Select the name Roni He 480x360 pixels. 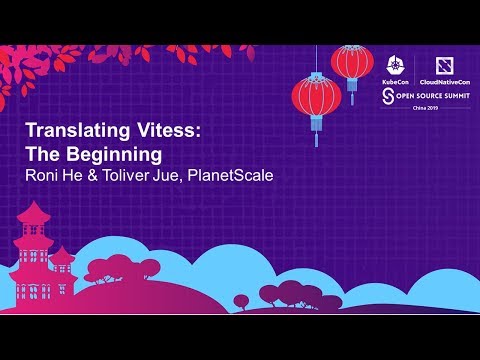(x=51, y=177)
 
